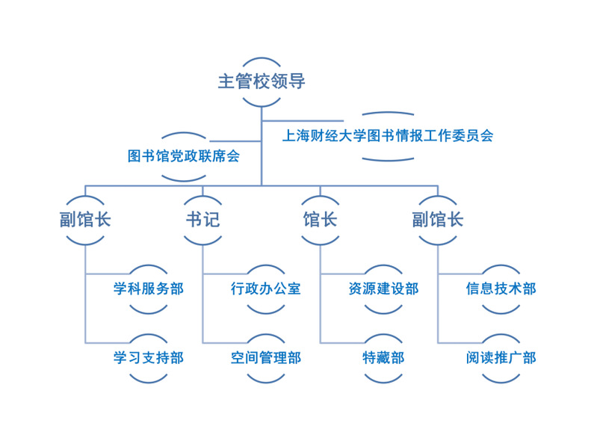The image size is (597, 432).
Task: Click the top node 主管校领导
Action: pyautogui.click(x=262, y=81)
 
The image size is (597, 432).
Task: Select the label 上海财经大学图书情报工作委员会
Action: pyautogui.click(x=387, y=136)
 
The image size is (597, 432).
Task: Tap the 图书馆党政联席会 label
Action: pyautogui.click(x=184, y=156)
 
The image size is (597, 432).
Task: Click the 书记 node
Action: pyautogui.click(x=203, y=220)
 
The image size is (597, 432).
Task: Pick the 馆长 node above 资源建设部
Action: pyautogui.click(x=320, y=220)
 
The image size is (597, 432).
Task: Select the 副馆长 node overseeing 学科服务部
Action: pyautogui.click(x=86, y=220)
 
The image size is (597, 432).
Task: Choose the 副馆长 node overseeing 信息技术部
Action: pyautogui.click(x=437, y=220)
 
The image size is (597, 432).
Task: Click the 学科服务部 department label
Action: pyautogui.click(x=148, y=288)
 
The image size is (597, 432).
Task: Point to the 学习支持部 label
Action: pyautogui.click(x=148, y=357)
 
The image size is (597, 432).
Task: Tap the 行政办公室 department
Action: pyautogui.click(x=266, y=288)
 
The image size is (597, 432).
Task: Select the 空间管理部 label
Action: pyautogui.click(x=266, y=357)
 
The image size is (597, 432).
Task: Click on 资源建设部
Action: pyautogui.click(x=383, y=288)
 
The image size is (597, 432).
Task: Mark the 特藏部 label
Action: pyautogui.click(x=383, y=357)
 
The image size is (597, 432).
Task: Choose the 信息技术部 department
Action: pyautogui.click(x=501, y=288)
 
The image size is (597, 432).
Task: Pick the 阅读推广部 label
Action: pyautogui.click(x=501, y=357)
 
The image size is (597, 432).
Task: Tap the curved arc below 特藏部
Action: pyautogui.click(x=383, y=380)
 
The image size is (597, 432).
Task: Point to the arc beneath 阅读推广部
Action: pyautogui.click(x=501, y=380)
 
